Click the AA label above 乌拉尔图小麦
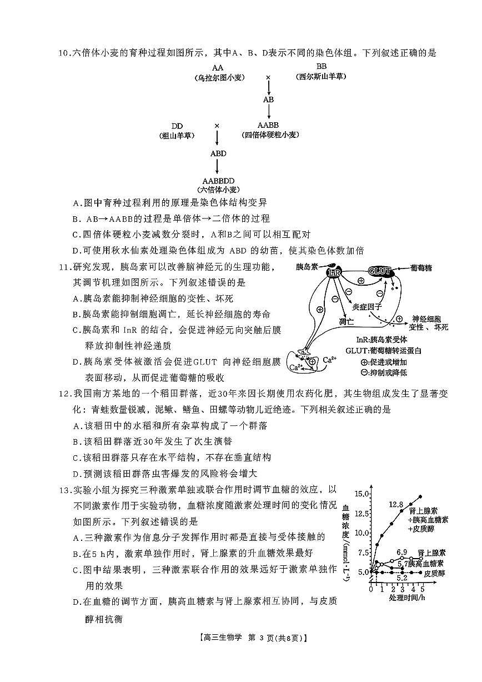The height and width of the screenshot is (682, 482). (x=218, y=68)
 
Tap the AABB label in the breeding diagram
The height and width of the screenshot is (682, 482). (x=268, y=126)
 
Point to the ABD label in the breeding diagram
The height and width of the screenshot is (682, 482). (x=218, y=153)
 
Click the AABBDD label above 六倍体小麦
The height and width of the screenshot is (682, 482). (x=218, y=181)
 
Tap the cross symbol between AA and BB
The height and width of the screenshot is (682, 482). (x=268, y=77)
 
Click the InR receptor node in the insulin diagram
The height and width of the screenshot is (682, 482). (x=334, y=272)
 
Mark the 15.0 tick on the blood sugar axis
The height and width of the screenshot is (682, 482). (x=361, y=494)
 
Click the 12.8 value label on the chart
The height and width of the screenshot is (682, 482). (x=395, y=504)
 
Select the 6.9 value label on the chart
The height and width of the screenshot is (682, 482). (x=402, y=552)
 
